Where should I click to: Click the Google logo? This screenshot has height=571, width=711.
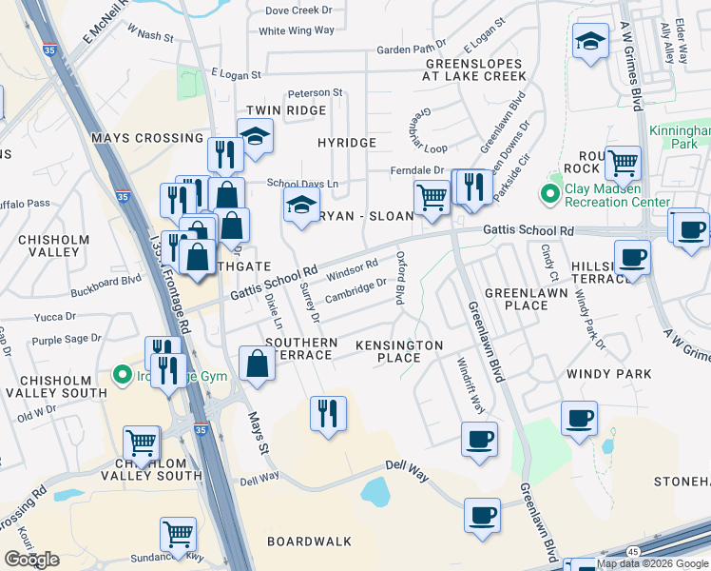31,560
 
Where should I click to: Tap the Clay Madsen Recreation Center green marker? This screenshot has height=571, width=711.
548,195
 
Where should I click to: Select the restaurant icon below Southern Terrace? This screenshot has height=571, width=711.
329,414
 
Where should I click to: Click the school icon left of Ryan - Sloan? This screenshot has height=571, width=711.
301,205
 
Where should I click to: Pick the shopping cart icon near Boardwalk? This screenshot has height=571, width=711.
178,535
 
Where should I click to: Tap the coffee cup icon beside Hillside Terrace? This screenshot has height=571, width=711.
631,256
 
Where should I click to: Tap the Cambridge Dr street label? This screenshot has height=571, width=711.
355,290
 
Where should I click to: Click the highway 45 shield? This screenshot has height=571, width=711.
634,551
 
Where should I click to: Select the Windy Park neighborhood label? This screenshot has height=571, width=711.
608,374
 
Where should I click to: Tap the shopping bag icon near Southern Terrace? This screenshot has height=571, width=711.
258,364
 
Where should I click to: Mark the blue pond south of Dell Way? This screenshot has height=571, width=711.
375,492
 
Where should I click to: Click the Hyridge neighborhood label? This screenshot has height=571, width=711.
346,143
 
